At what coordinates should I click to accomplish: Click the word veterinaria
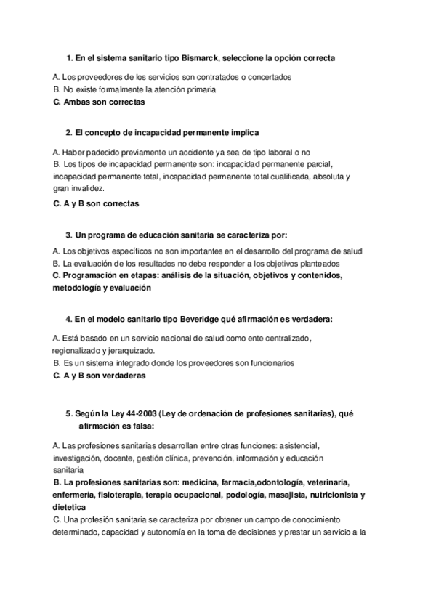(328, 482)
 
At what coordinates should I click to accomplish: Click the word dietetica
(70, 507)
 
